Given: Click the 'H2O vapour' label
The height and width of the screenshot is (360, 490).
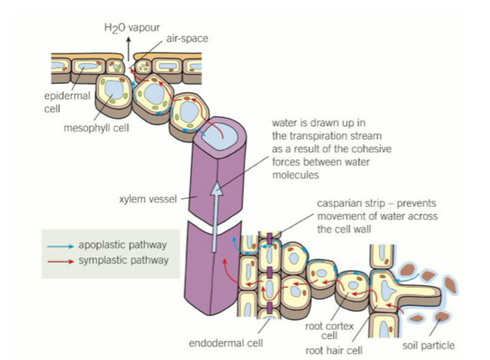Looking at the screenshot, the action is pyautogui.click(x=132, y=28).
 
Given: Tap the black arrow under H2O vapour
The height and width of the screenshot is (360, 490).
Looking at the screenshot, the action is pyautogui.click(x=128, y=48).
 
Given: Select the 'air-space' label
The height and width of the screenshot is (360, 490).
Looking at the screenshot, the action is pyautogui.click(x=187, y=39).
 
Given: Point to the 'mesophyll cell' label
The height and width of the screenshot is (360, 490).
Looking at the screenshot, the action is pyautogui.click(x=96, y=128).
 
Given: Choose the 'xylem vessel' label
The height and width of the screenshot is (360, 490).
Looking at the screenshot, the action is pyautogui.click(x=148, y=199).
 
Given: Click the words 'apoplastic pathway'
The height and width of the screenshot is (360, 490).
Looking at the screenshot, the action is pyautogui.click(x=122, y=245).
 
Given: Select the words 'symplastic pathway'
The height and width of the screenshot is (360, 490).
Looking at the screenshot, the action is pyautogui.click(x=123, y=261).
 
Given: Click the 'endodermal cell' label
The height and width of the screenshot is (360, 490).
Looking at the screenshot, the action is pyautogui.click(x=226, y=343).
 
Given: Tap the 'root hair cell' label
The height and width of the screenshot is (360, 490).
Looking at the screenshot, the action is pyautogui.click(x=334, y=350).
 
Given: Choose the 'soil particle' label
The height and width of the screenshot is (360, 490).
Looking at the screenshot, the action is pyautogui.click(x=428, y=345).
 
